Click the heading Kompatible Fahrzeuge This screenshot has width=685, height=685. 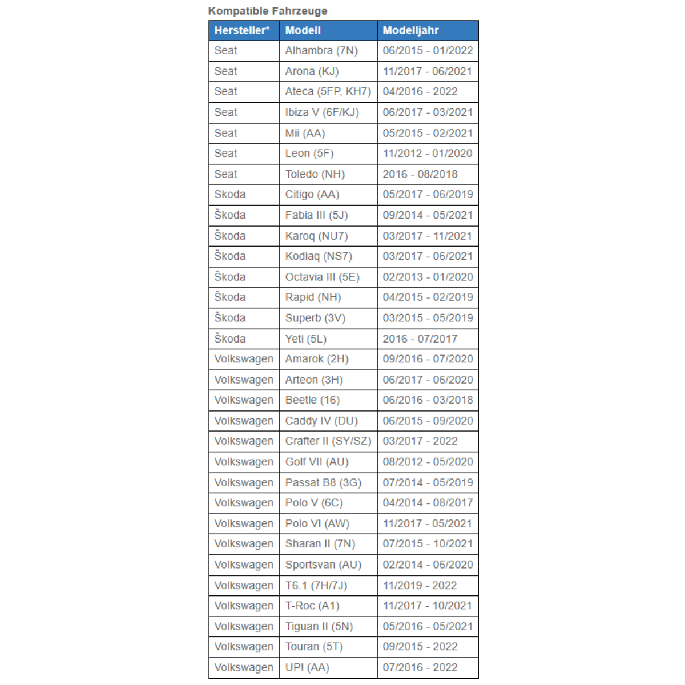coord(268,11)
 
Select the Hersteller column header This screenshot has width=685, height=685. coord(242,30)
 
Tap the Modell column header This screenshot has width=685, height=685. coord(303,30)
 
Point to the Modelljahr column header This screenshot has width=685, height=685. coord(410,30)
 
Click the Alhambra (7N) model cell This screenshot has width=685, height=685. coord(321,50)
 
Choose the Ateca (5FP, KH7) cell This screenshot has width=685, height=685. coord(328,91)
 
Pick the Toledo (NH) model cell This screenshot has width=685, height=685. coord(315,174)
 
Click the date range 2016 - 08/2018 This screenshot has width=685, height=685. coord(420,174)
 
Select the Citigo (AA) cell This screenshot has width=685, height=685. coord(312,194)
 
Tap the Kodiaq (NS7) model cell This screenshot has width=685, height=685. coord(319,256)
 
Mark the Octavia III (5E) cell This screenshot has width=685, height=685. coord(323,277)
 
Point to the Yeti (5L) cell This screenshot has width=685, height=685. coord(306,339)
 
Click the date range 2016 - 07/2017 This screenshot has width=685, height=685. coord(420,339)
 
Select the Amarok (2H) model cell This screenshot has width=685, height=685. coord(317,359)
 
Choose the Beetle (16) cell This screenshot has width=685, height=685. coord(312,400)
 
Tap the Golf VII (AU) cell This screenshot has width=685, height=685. coord(317,462)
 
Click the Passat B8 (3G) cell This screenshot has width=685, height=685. coord(323,482)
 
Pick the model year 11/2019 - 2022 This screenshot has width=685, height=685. coord(420,585)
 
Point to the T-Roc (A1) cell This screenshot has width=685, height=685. coord(312,606)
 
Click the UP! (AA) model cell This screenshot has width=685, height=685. coord(307,667)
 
